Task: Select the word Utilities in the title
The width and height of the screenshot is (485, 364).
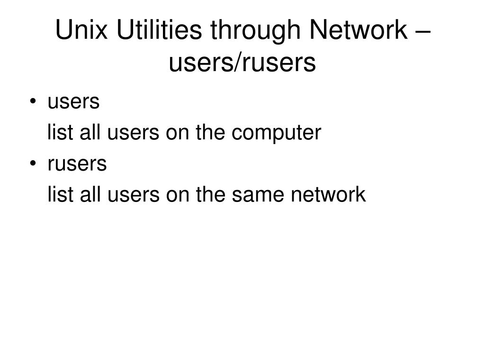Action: coord(158,31)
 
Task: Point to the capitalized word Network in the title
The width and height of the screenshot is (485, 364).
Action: coord(358,31)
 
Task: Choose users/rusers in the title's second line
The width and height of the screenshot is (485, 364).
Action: coord(242,63)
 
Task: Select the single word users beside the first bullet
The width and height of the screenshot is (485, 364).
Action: coord(73,101)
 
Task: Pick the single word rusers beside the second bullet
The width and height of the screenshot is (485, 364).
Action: coord(77,164)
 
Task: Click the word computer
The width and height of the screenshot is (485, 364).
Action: coord(276,134)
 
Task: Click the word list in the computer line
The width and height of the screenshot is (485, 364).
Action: coord(59,133)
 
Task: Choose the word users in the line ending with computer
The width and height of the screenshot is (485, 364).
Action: coord(133,133)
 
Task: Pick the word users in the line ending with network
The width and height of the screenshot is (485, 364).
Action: coord(133,195)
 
